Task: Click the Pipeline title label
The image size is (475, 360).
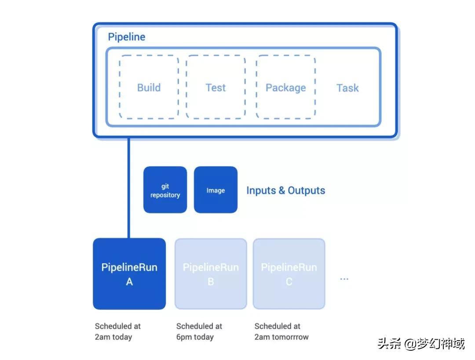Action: [x=126, y=37]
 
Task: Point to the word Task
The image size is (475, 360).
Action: [x=347, y=88]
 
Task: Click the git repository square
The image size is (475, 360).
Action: [x=165, y=190]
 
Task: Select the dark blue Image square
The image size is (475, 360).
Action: [x=216, y=190]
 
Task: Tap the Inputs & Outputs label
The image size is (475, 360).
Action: [x=286, y=190]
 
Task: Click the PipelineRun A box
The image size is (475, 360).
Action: [x=129, y=274]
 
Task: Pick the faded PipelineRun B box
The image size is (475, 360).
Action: [x=211, y=274]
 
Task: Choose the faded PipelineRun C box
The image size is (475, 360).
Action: [x=289, y=274]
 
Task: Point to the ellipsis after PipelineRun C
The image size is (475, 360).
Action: [x=344, y=279]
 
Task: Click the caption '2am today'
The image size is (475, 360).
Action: [x=113, y=337]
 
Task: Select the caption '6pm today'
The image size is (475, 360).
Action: [x=195, y=337]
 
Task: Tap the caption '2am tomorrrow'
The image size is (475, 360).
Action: [x=281, y=337]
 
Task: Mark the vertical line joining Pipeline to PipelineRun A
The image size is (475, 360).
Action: [x=129, y=188]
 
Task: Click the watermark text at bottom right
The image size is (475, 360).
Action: [x=421, y=344]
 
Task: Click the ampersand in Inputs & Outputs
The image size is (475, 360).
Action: [x=282, y=190]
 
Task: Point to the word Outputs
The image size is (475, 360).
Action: [x=306, y=190]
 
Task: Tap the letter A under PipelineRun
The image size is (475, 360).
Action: [x=129, y=282]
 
